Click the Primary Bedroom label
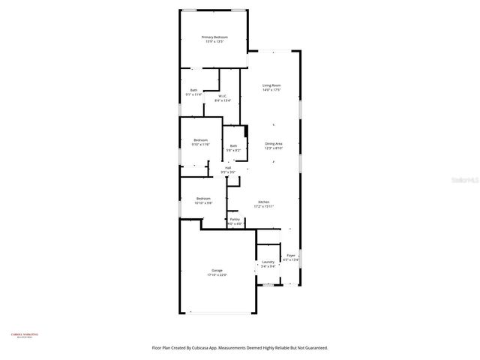(x=214, y=37)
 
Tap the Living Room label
(x=271, y=85)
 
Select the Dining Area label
(x=274, y=143)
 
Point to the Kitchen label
(x=264, y=202)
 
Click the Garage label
(x=217, y=270)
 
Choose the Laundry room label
(x=268, y=262)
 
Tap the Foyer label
(x=291, y=256)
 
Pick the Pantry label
(x=235, y=219)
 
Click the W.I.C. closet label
(x=223, y=96)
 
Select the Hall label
(x=228, y=168)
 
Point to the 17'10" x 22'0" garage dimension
(x=217, y=275)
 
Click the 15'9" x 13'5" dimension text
(x=214, y=42)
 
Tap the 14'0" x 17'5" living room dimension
(x=271, y=91)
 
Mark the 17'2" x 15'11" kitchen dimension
(x=264, y=207)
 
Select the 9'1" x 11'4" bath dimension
(x=193, y=95)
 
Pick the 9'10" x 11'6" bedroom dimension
(x=201, y=145)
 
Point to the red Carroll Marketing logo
(x=24, y=335)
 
